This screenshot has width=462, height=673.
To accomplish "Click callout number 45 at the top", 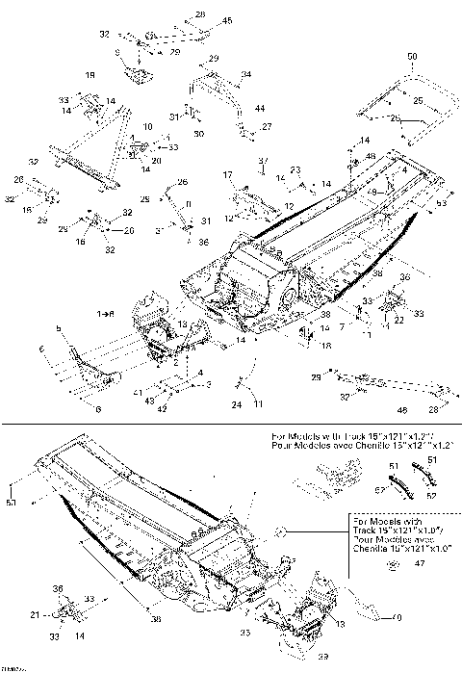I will click(227, 20).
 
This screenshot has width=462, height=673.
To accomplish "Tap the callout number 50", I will click(412, 59).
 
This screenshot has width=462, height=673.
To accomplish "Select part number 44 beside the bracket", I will click(258, 109).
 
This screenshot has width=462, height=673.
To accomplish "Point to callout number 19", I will click(90, 74).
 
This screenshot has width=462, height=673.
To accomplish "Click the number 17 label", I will click(229, 173).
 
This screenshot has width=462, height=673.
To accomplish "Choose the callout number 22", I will click(398, 321).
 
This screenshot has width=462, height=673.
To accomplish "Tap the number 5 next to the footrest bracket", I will click(59, 329).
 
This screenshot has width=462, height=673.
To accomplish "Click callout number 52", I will click(430, 496).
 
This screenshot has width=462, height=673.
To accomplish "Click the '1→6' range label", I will click(104, 315).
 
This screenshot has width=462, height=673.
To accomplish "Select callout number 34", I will click(246, 74).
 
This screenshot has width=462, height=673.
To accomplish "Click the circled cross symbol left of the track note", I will click(278, 531).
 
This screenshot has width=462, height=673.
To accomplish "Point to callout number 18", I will click(326, 344).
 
